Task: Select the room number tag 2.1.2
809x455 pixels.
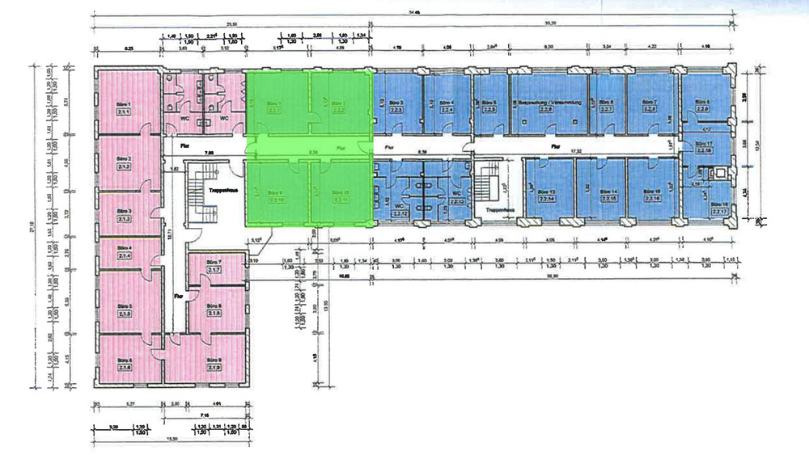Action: [x=124, y=167]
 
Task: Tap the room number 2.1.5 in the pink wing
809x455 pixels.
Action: [x=124, y=314]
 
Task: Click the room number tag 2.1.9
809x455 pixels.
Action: [x=214, y=368]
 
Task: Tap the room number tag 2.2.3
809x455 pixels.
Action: [x=397, y=112]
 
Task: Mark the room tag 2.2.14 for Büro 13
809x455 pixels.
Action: [x=548, y=199]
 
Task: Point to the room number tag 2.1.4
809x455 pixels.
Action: [x=124, y=255]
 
